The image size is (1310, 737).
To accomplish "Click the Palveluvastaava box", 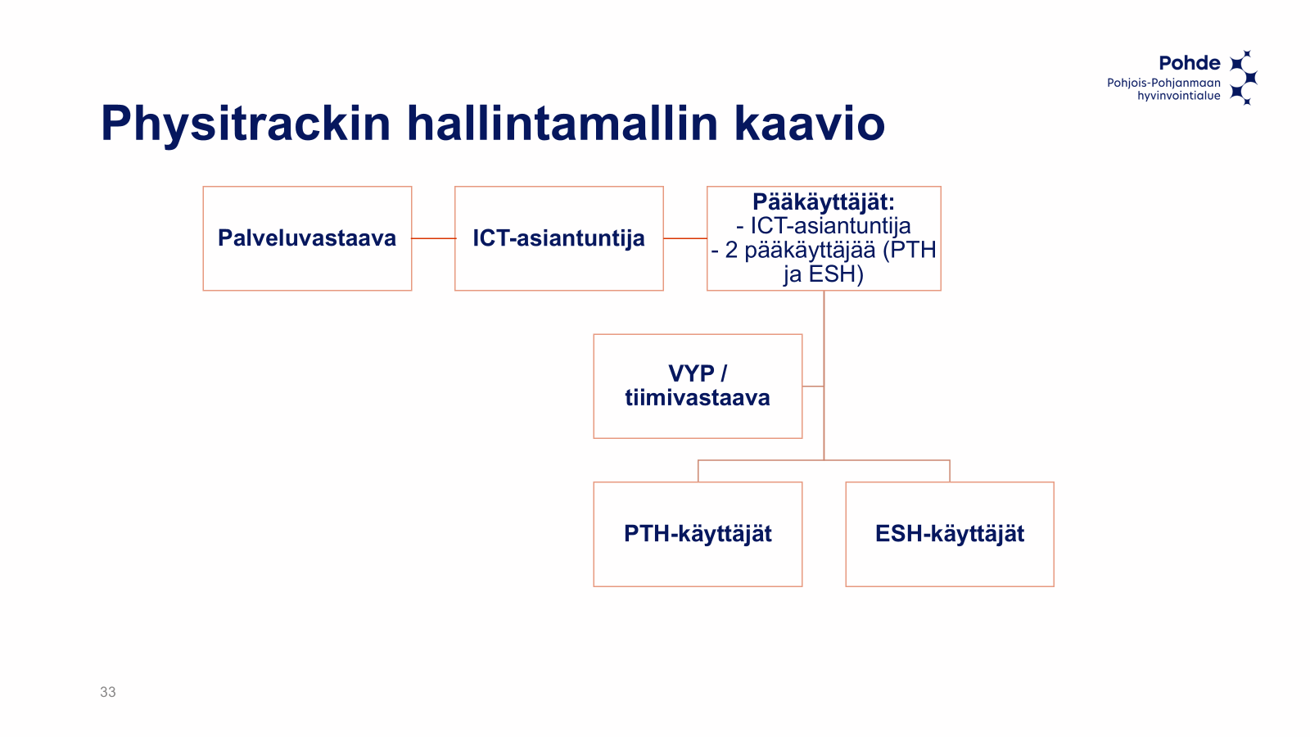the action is click(307, 238).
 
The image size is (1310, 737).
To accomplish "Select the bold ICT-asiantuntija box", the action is click(559, 238).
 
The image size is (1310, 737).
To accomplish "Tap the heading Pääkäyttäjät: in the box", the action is click(824, 202).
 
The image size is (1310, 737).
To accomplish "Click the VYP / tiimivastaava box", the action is click(698, 386).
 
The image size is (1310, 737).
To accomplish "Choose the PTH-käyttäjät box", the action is click(698, 534).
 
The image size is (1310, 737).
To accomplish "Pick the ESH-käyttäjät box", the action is click(950, 534).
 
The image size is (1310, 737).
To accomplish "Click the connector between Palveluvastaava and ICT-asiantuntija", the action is click(433, 238).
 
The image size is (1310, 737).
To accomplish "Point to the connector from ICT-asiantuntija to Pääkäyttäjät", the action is click(685, 238).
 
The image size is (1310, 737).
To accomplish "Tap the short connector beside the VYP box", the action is click(813, 386).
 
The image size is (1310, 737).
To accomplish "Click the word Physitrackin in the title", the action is click(246, 124).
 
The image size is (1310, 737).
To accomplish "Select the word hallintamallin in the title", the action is click(562, 123).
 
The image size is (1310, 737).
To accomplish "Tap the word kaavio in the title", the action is click(810, 123).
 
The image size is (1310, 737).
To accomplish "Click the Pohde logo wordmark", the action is click(1190, 63).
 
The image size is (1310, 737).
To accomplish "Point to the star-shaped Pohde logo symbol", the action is click(1244, 77).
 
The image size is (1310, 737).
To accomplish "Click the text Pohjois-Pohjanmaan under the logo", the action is click(1163, 83).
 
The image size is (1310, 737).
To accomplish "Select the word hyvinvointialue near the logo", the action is click(1179, 96).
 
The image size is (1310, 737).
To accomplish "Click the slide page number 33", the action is click(107, 692).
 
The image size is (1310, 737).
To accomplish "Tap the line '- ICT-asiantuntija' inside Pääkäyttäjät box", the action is click(824, 226).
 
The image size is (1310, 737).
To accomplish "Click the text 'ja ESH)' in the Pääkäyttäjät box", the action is click(824, 274).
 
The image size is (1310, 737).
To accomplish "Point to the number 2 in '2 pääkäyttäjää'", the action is click(731, 250).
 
